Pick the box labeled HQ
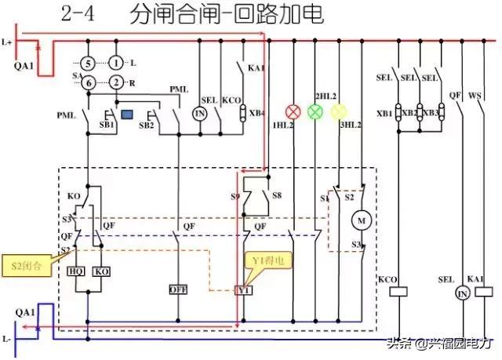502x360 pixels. tap(76, 271)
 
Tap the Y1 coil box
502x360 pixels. tap(243, 290)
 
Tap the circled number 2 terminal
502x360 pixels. tap(115, 81)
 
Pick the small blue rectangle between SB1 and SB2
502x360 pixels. tap(126, 115)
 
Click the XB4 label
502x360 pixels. tap(256, 113)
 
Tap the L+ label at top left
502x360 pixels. tap(8, 41)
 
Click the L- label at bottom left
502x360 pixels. tap(8, 339)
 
